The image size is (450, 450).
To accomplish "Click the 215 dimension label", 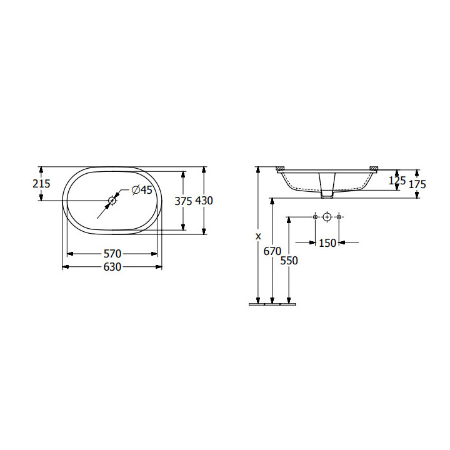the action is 41,183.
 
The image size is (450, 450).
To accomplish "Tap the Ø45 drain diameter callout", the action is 142,190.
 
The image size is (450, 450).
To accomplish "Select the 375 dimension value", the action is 183,201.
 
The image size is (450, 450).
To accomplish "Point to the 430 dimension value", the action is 204,201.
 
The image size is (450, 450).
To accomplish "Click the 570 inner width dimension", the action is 112,254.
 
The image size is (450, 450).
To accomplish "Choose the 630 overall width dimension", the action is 112,267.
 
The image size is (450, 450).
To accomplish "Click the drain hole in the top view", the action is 112,200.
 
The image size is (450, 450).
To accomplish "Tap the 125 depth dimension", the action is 397,181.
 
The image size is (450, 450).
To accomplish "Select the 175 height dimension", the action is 417,184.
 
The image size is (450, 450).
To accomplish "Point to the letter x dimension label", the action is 258,236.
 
